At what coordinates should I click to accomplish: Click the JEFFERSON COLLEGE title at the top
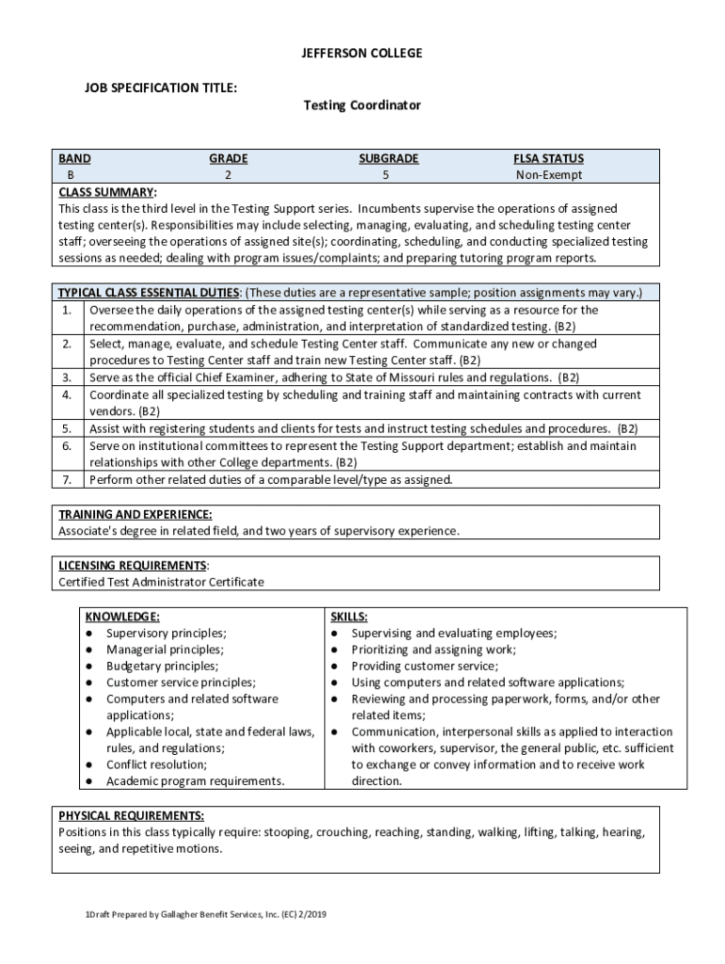click(362, 54)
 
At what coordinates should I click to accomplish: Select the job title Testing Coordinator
click(362, 105)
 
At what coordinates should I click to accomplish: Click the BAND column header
click(74, 159)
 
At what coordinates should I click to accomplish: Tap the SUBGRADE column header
click(388, 159)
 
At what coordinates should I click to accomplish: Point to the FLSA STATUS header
click(548, 159)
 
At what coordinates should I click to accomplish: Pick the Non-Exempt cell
click(548, 175)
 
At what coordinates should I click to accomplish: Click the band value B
click(70, 175)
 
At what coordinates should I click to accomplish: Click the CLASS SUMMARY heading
click(107, 192)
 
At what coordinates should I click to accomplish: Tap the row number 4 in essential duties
click(67, 394)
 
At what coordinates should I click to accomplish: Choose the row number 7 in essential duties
click(67, 479)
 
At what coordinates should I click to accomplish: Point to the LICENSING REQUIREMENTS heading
click(133, 565)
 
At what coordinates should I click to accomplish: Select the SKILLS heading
click(348, 617)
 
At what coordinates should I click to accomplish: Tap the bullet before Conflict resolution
click(89, 764)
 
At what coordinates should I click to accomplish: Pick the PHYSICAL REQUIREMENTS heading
click(131, 815)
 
